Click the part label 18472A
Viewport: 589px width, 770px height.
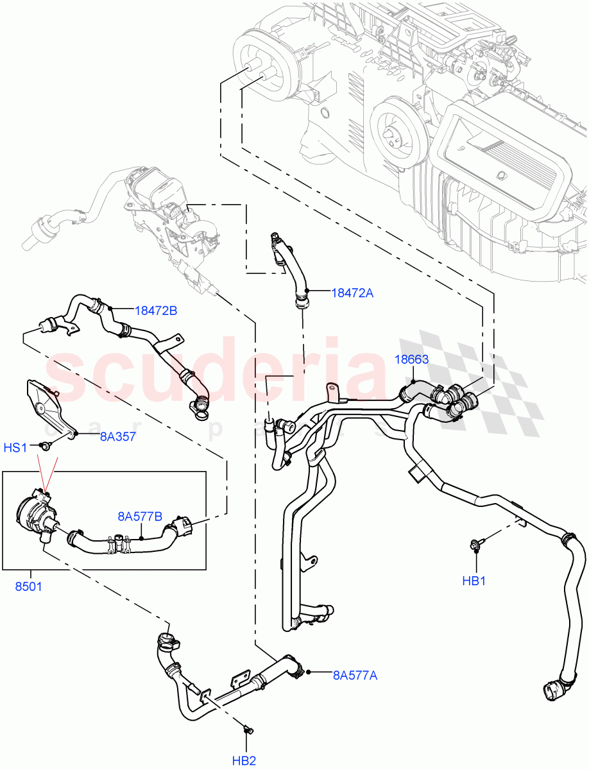[x=352, y=293]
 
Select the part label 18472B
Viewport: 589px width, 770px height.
[x=156, y=311]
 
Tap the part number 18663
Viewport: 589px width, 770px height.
[x=411, y=359]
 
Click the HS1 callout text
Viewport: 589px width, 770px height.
[x=16, y=447]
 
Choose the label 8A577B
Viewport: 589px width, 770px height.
[x=139, y=515]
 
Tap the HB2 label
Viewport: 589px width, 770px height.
[x=244, y=760]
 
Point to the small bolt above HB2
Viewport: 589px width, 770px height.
[x=248, y=729]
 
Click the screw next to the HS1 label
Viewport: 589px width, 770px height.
[x=44, y=445]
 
